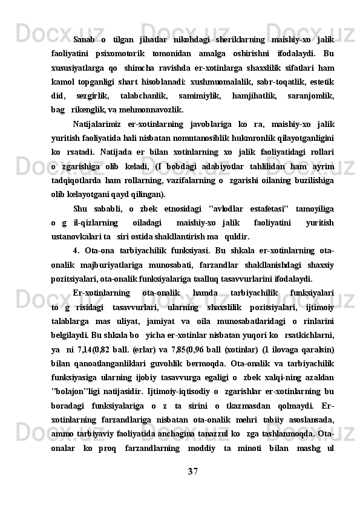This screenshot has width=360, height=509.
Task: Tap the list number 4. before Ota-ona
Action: pos(75,250)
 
